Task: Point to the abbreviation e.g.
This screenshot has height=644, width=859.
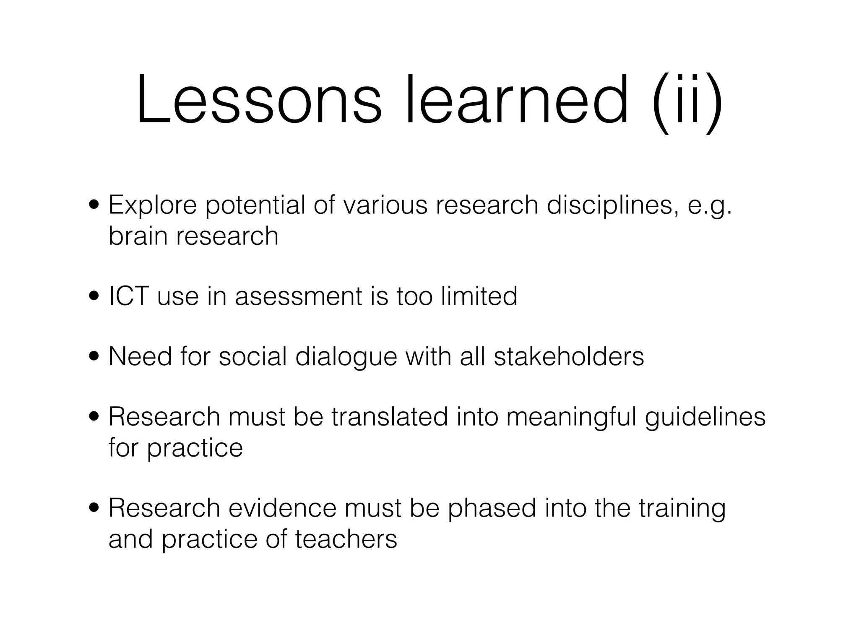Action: pos(710,206)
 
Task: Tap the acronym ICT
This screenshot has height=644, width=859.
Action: pos(129,296)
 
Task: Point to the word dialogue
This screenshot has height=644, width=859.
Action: pos(346,357)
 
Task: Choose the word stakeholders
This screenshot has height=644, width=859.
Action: pos(569,356)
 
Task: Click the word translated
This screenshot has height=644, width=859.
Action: pos(390,417)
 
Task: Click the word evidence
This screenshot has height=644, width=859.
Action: pos(282,508)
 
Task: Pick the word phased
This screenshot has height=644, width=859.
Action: pos(492,509)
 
